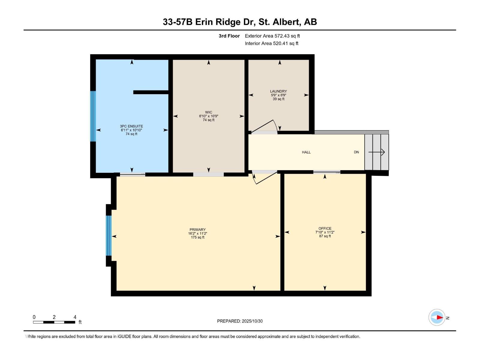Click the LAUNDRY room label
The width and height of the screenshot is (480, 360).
click(x=278, y=91)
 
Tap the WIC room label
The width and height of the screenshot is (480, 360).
click(x=208, y=112)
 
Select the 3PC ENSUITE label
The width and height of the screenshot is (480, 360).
click(x=131, y=126)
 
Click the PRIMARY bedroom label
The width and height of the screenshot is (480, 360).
click(x=197, y=230)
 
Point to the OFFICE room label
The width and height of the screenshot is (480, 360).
click(x=325, y=229)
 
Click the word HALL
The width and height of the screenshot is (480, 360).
click(x=306, y=152)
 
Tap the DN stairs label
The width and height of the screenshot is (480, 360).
click(x=356, y=152)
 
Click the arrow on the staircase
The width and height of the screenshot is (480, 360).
click(x=377, y=152)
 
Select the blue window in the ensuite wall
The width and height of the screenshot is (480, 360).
click(x=93, y=116)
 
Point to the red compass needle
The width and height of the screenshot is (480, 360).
click(x=439, y=317)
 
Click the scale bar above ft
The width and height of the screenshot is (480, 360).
click(x=54, y=322)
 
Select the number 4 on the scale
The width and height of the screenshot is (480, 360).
click(x=75, y=317)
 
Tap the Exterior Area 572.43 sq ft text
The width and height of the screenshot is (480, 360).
click(x=272, y=36)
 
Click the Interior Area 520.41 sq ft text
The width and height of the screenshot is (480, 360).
click(x=271, y=43)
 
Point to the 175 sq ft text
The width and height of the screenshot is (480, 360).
click(x=197, y=237)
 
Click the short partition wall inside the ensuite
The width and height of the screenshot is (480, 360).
click(x=151, y=92)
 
